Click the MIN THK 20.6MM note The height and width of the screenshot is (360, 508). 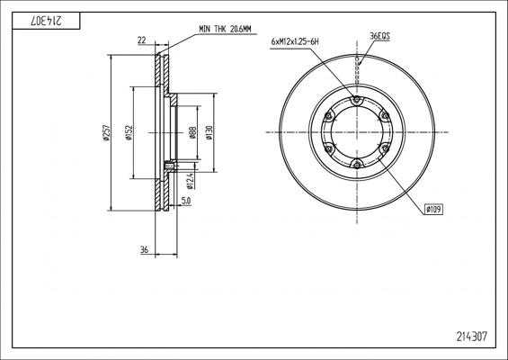click(x=225, y=29)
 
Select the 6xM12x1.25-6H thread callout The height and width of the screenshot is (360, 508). click(x=295, y=41)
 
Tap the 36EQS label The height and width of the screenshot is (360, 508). click(x=379, y=36)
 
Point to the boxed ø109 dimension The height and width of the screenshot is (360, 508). click(x=433, y=210)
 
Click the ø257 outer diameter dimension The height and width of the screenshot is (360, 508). click(x=107, y=132)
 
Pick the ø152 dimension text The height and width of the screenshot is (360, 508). click(x=129, y=132)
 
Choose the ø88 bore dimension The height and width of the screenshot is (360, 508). click(x=192, y=132)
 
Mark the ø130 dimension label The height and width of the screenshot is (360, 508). click(x=209, y=132)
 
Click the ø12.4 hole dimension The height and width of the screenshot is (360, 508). click(x=190, y=181)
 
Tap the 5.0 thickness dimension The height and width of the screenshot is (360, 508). click(x=186, y=201)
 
